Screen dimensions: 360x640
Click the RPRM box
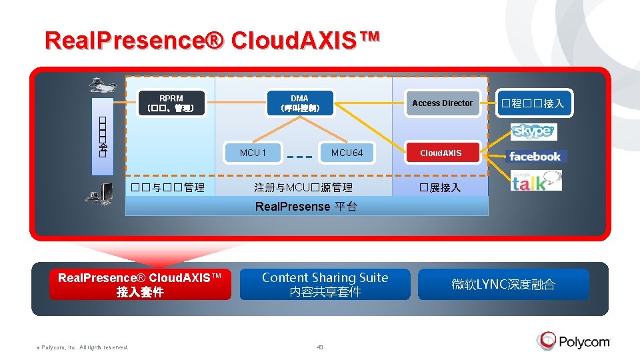[x=171, y=103]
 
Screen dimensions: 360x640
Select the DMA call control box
[x=299, y=103]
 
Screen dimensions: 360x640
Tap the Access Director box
[x=442, y=103]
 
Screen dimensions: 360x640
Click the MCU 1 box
[x=253, y=153]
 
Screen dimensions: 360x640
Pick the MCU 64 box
[x=347, y=153]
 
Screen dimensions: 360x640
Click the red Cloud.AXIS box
[x=441, y=153]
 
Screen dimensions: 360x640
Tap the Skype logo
[x=533, y=131]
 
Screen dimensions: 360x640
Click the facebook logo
[x=535, y=157]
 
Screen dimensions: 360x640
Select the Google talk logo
[x=535, y=181]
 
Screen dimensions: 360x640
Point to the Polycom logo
[x=574, y=341]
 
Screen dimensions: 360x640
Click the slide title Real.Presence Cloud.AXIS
[x=212, y=39]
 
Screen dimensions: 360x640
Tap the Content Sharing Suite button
[x=325, y=284]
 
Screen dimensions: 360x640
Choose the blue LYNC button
[x=503, y=285]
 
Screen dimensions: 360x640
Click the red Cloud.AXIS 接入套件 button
[x=140, y=285]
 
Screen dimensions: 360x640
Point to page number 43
[x=320, y=347]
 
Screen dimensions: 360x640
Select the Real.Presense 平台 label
[x=306, y=206]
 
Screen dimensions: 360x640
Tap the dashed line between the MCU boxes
[x=299, y=158]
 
